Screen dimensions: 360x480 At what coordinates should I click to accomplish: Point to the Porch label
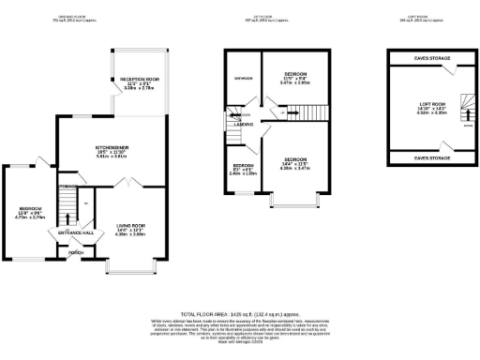(x=75, y=251)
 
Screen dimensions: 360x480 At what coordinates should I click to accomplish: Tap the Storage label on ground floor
(x=66, y=187)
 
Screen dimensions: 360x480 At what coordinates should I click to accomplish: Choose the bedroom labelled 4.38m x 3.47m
(x=295, y=164)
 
